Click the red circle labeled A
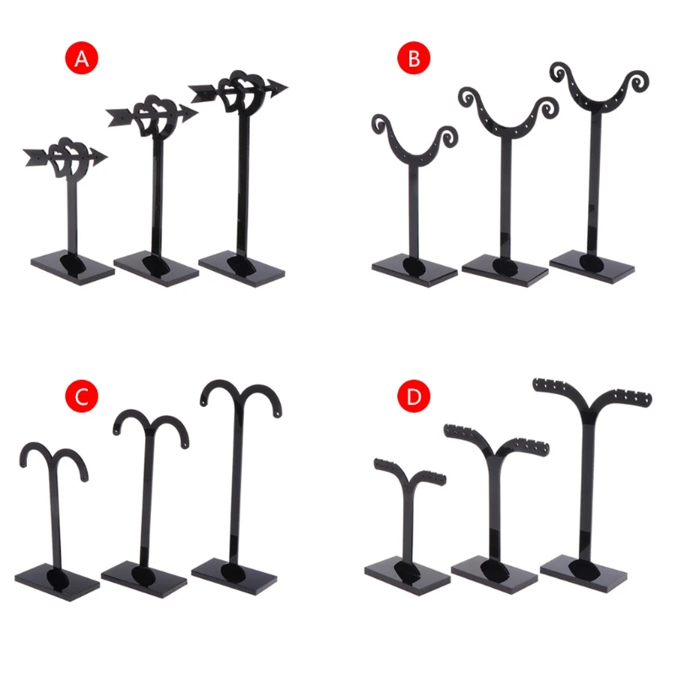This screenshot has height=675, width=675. click(82, 58)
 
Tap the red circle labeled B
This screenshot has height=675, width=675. click(414, 58)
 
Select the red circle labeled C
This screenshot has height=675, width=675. click(82, 394)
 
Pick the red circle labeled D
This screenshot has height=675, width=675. click(413, 395)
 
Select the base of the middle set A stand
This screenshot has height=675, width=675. click(155, 269)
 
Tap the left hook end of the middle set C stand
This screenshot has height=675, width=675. click(116, 434)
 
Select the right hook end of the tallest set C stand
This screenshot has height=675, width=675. click(279, 413)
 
